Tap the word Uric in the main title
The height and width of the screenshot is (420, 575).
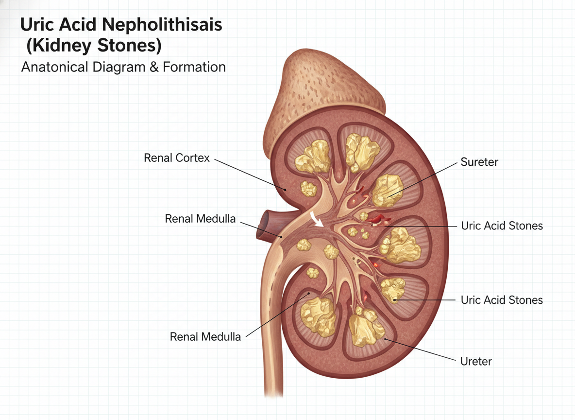(37, 25)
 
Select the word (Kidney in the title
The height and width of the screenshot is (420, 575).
(59, 46)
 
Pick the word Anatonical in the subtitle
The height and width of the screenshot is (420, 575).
(55, 67)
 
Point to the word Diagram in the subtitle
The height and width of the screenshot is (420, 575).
(119, 68)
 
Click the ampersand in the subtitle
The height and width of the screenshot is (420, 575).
(154, 68)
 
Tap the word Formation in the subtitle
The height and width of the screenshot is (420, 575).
(194, 67)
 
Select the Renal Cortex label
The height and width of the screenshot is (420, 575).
(176, 158)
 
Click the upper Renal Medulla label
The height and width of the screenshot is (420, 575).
(200, 219)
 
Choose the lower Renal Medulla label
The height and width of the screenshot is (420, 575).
(205, 337)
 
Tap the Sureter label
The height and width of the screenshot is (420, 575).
(479, 162)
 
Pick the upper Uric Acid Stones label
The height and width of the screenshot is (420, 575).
(502, 226)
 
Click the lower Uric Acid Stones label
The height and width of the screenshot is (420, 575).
(502, 300)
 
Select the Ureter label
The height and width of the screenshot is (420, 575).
(476, 361)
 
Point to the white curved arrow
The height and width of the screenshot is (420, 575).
(315, 219)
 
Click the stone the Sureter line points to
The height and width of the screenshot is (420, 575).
(387, 190)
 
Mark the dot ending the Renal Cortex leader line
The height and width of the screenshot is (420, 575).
(285, 190)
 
